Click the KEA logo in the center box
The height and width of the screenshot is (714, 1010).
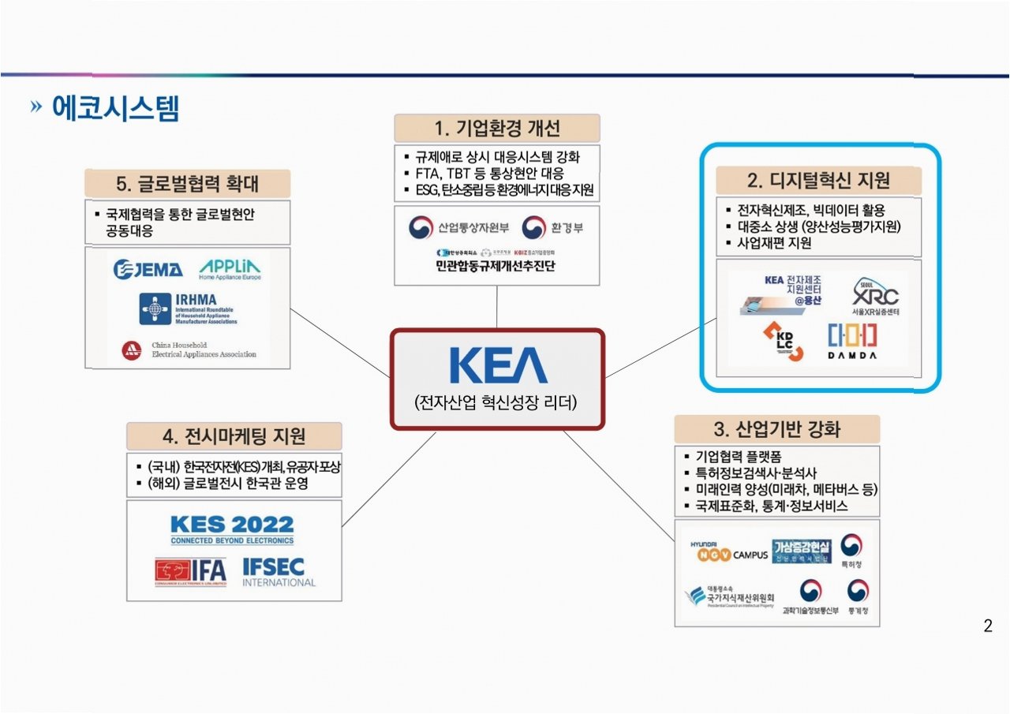(498, 364)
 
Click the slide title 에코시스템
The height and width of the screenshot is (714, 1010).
(115, 108)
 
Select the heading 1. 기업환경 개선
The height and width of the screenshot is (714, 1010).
(496, 128)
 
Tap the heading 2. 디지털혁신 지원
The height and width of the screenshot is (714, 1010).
(818, 181)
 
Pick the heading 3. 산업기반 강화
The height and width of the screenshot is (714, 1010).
(776, 430)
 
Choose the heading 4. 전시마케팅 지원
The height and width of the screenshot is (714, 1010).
(234, 436)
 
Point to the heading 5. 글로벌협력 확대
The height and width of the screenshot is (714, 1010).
(187, 183)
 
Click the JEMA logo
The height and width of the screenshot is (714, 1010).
(148, 269)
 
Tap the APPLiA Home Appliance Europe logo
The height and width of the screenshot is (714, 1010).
(230, 269)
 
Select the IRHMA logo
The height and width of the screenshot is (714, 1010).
(188, 308)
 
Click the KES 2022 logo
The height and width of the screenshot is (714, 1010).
(232, 529)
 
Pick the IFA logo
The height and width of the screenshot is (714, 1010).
(190, 572)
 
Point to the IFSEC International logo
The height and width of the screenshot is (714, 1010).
(279, 572)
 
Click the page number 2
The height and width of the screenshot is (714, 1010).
(988, 627)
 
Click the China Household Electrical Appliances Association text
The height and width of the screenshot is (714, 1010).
(204, 350)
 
